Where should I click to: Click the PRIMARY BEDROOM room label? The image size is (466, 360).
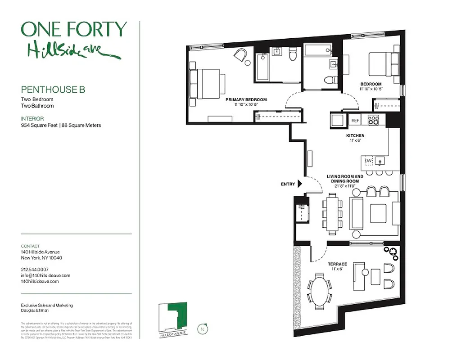point(246,100)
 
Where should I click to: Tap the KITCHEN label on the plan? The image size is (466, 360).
point(355,135)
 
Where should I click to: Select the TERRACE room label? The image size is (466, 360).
point(337,264)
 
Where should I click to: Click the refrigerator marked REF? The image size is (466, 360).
point(355,121)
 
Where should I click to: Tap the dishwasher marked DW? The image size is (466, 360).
point(368,161)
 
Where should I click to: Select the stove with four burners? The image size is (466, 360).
point(374,120)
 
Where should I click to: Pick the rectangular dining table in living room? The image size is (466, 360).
point(332,214)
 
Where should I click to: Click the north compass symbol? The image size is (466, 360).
point(202,329)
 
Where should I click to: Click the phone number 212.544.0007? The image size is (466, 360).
point(36,269)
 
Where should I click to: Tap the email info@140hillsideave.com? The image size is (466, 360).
point(45,275)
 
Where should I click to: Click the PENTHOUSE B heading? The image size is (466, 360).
point(53,90)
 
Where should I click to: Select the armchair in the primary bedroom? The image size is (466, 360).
point(241,56)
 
